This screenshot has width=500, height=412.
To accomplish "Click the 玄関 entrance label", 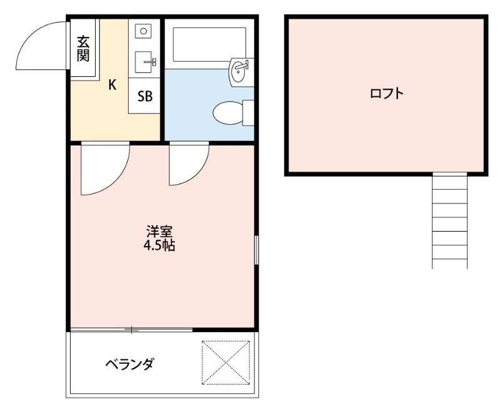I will (x=82, y=48).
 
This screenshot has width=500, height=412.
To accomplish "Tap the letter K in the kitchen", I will (x=112, y=86).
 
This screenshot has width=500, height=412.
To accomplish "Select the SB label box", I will (x=144, y=96).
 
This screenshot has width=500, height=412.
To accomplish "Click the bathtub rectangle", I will (x=209, y=44).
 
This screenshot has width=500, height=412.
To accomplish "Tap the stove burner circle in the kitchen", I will (x=144, y=30).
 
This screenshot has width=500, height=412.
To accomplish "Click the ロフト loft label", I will (x=386, y=94).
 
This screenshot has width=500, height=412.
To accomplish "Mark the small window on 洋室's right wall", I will (x=256, y=250).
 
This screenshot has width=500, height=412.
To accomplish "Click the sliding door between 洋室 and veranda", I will (x=131, y=329).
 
